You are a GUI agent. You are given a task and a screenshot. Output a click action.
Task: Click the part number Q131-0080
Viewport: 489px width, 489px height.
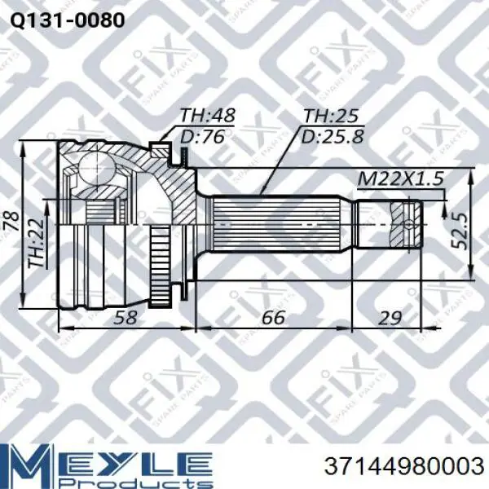click(x=68, y=21)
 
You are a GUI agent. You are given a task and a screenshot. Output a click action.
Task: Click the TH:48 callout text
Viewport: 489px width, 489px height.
click(x=208, y=116)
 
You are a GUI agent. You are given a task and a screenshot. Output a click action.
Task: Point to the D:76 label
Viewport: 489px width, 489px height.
click(x=203, y=136)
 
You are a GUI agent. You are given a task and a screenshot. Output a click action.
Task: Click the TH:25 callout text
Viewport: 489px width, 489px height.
click(x=331, y=116)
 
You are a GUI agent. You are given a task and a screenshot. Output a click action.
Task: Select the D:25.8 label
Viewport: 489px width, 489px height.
click(x=333, y=136)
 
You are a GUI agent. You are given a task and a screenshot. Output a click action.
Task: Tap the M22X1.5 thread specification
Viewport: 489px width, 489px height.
click(x=401, y=178)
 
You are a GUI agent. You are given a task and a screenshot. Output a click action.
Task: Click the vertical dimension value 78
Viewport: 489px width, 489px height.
click(x=12, y=222)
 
